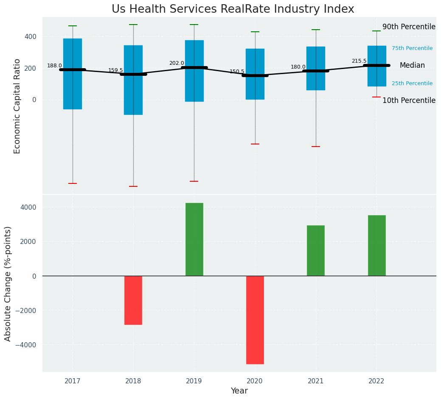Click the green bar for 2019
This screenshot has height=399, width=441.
coord(194,239)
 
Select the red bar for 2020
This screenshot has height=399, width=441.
coord(255,320)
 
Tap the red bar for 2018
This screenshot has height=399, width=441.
coord(133,300)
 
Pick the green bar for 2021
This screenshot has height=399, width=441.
coord(315,250)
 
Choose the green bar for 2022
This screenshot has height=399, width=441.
coord(376,245)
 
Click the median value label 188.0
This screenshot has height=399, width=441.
coord(54,66)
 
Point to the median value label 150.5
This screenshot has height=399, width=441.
coord(237,72)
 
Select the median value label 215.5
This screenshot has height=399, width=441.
coord(359,61)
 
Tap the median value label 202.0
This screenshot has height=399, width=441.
coord(177,64)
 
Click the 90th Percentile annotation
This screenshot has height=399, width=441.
coord(408,27)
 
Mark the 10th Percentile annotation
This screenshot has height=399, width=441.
coord(408,101)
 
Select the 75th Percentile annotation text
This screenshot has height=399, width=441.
coord(412,49)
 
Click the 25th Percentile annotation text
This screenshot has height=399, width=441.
coord(412,84)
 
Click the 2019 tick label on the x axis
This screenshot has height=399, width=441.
coord(194,381)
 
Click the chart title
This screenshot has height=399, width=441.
coord(233,9)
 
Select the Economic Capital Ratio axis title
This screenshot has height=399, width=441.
coord(17,106)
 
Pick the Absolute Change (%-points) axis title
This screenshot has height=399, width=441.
coord(8,283)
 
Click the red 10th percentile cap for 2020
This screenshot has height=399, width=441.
coord(255,144)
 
